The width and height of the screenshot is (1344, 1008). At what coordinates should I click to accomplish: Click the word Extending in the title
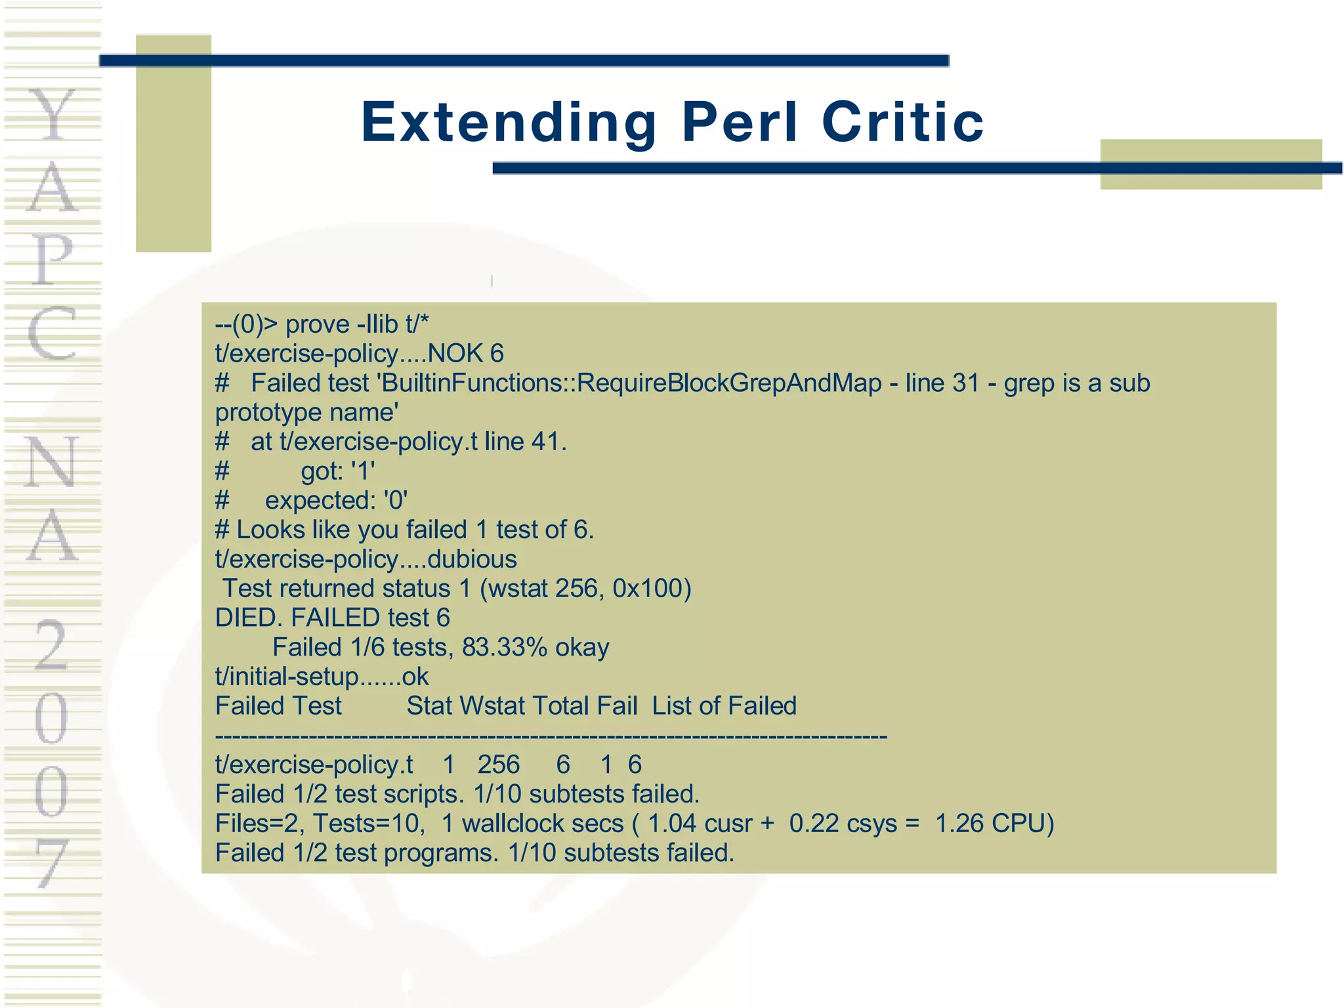[509, 123]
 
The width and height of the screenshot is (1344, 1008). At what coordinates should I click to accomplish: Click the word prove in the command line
[318, 324]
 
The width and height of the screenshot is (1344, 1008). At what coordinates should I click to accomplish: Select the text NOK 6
[465, 354]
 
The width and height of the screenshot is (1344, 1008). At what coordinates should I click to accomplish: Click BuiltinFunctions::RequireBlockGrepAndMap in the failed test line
[631, 383]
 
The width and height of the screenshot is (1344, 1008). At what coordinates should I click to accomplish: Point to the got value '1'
[363, 471]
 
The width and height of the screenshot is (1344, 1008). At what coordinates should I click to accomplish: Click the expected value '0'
[396, 501]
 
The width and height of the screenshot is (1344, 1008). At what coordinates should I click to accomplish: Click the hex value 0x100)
[652, 589]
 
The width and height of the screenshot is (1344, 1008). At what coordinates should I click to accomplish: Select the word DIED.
[249, 618]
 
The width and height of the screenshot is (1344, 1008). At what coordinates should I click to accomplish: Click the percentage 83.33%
[504, 648]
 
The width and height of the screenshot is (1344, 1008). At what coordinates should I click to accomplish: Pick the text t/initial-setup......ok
[322, 677]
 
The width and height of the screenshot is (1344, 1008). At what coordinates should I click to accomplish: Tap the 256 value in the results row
[498, 765]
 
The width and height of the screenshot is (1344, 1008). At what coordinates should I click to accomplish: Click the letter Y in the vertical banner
[52, 115]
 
